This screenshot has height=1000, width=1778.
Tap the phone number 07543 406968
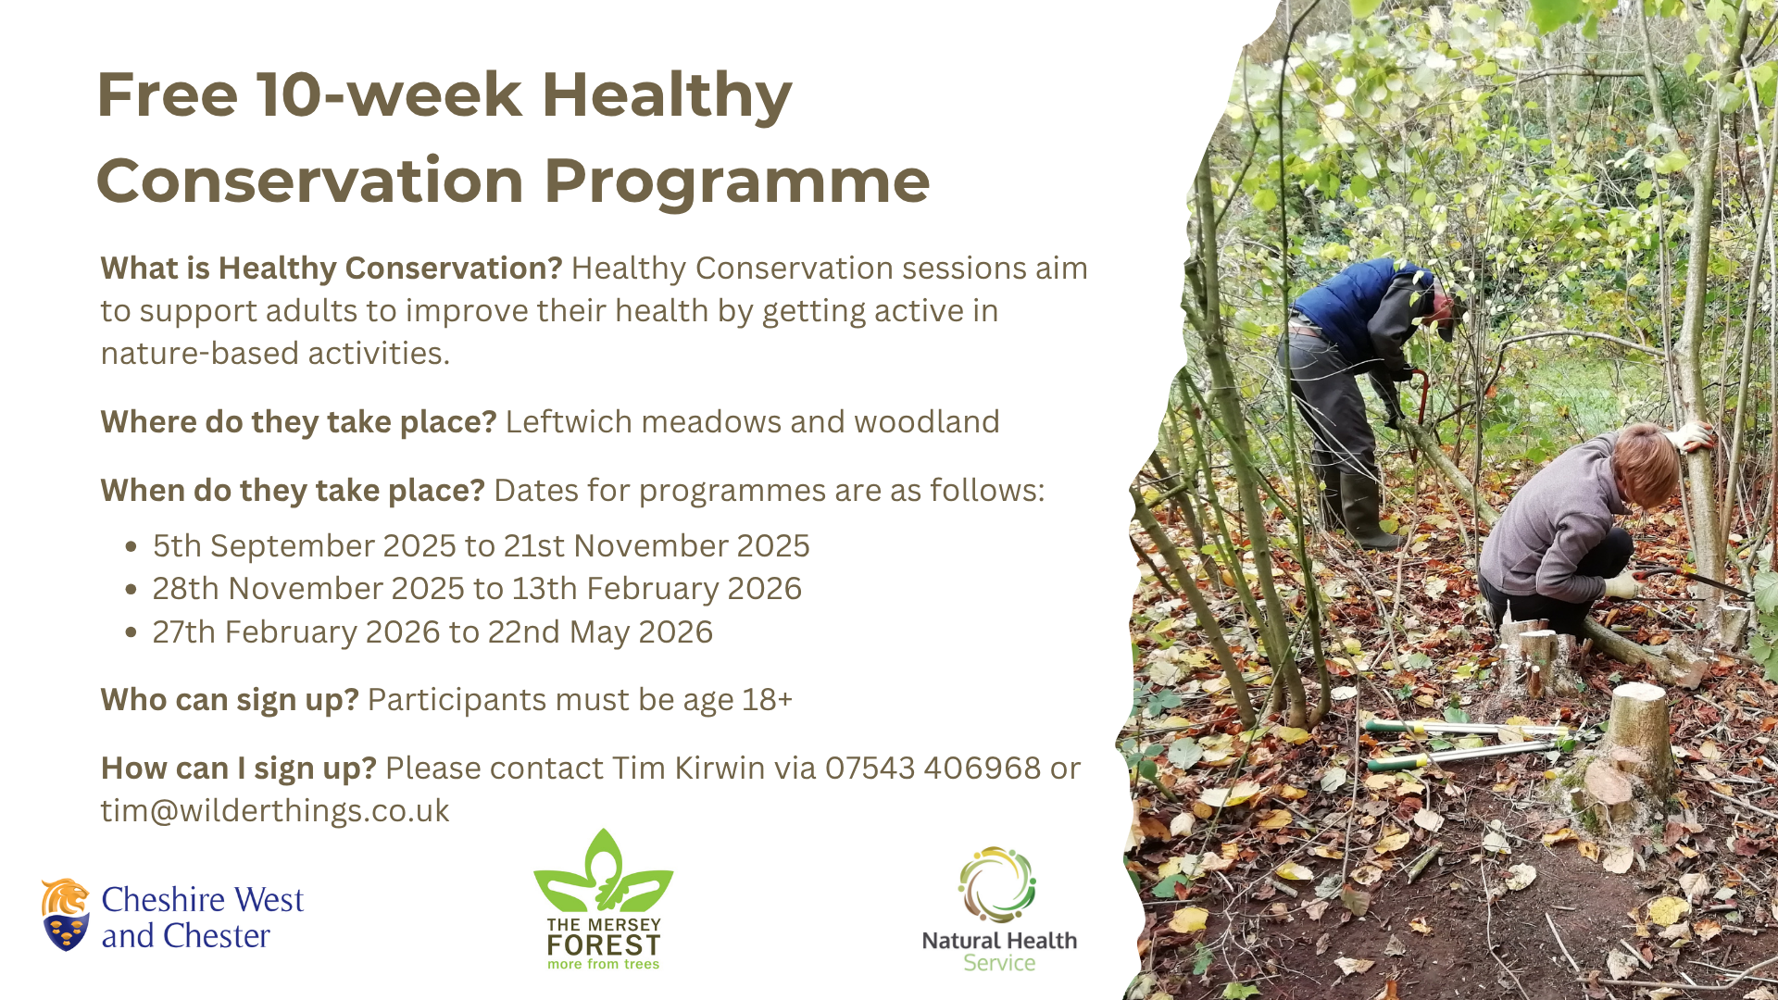coord(933,768)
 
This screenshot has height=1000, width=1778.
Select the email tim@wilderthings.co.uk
coord(275,811)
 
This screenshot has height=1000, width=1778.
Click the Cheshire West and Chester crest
coord(65,915)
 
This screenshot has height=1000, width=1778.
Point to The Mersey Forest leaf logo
coord(603,870)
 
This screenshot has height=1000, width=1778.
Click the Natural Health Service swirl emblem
coord(997,884)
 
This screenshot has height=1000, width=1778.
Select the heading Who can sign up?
coord(230,701)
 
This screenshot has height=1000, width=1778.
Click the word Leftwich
coord(569,422)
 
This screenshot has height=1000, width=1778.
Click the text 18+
coord(768,700)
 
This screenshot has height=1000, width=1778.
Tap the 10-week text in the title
coord(390,95)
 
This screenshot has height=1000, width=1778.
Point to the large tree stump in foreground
coord(1640,731)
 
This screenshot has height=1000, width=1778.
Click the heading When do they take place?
coord(293,491)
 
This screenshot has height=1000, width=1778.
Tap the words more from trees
coord(603,964)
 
